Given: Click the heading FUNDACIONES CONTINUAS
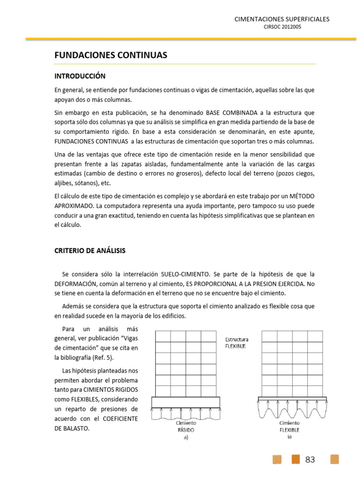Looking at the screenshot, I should [x=111, y=55].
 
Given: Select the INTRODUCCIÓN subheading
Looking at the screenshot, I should [x=80, y=76].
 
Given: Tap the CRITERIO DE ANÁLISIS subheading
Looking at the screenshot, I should [x=90, y=251].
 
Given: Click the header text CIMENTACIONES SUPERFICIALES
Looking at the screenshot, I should [x=282, y=19].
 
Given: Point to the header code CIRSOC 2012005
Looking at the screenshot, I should [x=283, y=27].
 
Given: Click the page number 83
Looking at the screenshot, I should [x=310, y=460].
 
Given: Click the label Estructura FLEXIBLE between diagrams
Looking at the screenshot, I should [x=237, y=343].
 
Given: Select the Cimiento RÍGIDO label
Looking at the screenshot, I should [x=186, y=426].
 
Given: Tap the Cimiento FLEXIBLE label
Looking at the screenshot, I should [x=289, y=426].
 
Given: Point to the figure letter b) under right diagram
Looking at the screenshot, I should [x=289, y=437].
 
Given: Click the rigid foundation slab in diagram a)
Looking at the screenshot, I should [x=186, y=402].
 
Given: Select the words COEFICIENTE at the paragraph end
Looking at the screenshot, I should [x=117, y=419].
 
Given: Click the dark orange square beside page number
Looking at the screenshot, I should [x=296, y=459].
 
